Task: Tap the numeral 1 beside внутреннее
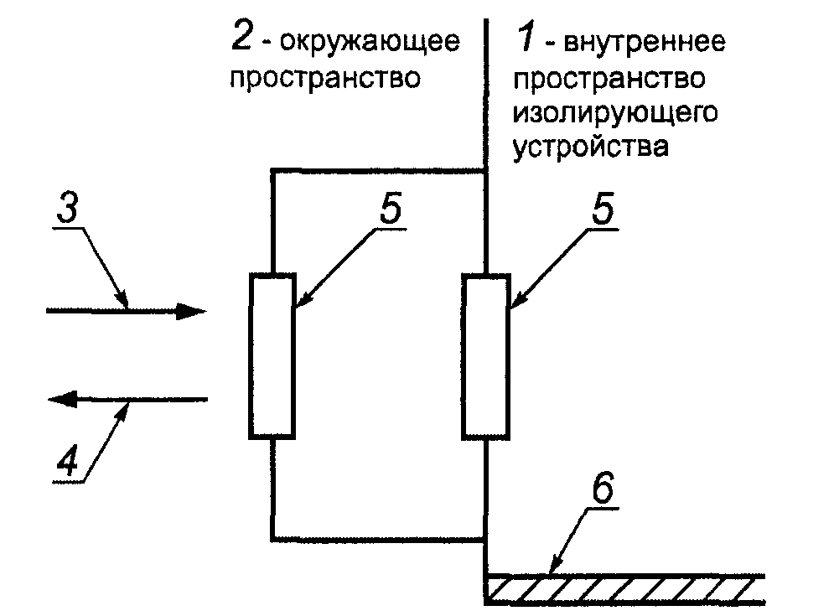click(x=524, y=38)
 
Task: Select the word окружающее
click(x=370, y=42)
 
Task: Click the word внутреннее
click(x=644, y=42)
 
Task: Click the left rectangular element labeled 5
click(x=272, y=355)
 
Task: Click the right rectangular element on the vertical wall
click(x=486, y=355)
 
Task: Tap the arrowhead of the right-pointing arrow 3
click(x=193, y=312)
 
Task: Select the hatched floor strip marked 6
click(x=624, y=589)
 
